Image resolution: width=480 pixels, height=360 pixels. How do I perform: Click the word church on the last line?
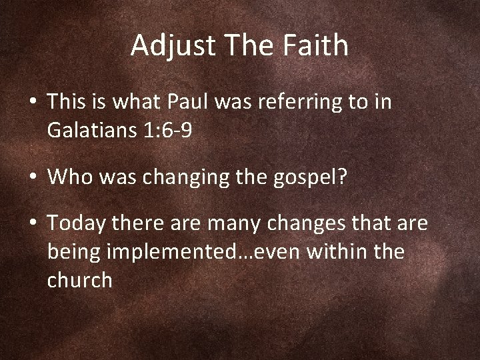pos(80,280)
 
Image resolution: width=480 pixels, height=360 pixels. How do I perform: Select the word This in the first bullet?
pos(65,103)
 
